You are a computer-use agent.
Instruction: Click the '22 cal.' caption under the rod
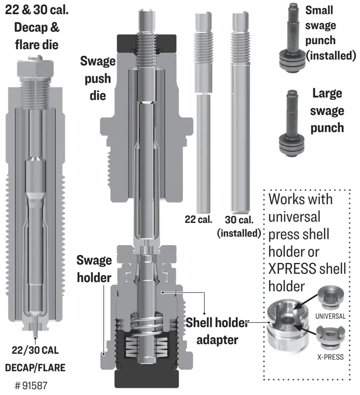coord(199,219)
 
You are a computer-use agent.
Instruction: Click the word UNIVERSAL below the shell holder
coord(330,316)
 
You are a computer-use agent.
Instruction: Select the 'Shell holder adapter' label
coord(216,331)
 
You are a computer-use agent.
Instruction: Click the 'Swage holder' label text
coord(94,269)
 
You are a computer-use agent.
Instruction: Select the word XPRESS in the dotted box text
coord(294,270)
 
